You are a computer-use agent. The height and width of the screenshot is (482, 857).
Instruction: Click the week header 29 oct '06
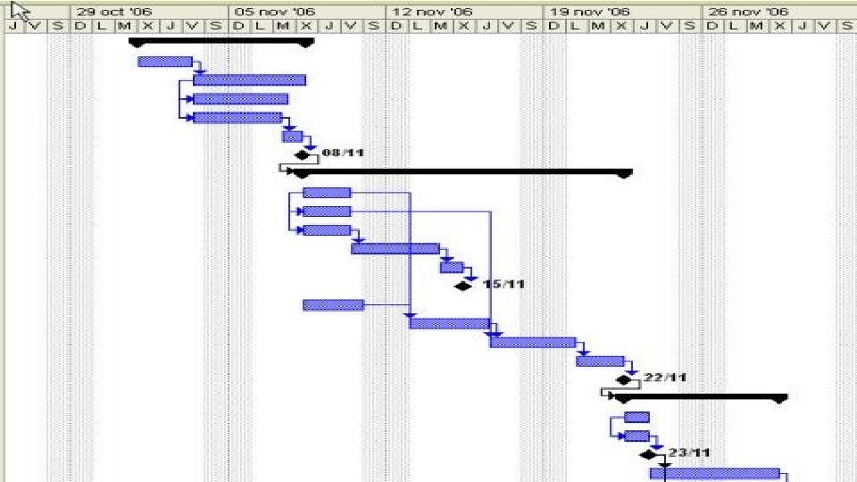point(113,12)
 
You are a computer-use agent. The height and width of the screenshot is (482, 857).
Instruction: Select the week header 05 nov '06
point(274,12)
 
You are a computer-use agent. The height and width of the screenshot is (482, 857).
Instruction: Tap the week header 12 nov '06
point(432,12)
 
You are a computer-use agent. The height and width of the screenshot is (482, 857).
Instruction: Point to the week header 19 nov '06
point(590,12)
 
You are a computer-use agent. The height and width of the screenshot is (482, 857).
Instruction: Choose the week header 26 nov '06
point(748,12)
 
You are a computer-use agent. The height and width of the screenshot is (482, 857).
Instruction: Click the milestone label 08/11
point(343,153)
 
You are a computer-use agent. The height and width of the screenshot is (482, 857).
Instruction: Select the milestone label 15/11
point(503,285)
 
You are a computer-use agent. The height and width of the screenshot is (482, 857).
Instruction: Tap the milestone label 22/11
point(665,378)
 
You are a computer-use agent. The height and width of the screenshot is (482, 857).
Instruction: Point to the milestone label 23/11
point(688,453)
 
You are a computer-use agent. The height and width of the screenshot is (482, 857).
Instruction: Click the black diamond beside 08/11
point(303,155)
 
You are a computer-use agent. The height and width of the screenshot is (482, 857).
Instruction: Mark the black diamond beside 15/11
point(462,286)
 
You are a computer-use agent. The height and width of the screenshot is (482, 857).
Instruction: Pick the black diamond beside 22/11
point(623,379)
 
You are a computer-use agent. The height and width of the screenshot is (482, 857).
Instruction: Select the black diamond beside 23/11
point(648,454)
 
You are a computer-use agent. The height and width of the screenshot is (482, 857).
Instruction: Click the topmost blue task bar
point(165,62)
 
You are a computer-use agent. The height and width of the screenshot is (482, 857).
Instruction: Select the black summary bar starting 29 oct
point(221,41)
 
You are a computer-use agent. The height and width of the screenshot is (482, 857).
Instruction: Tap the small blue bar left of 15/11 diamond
point(452,267)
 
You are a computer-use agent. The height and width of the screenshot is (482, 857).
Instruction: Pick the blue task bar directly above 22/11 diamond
point(600,361)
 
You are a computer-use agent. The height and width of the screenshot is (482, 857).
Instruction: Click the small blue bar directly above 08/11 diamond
point(292,136)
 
